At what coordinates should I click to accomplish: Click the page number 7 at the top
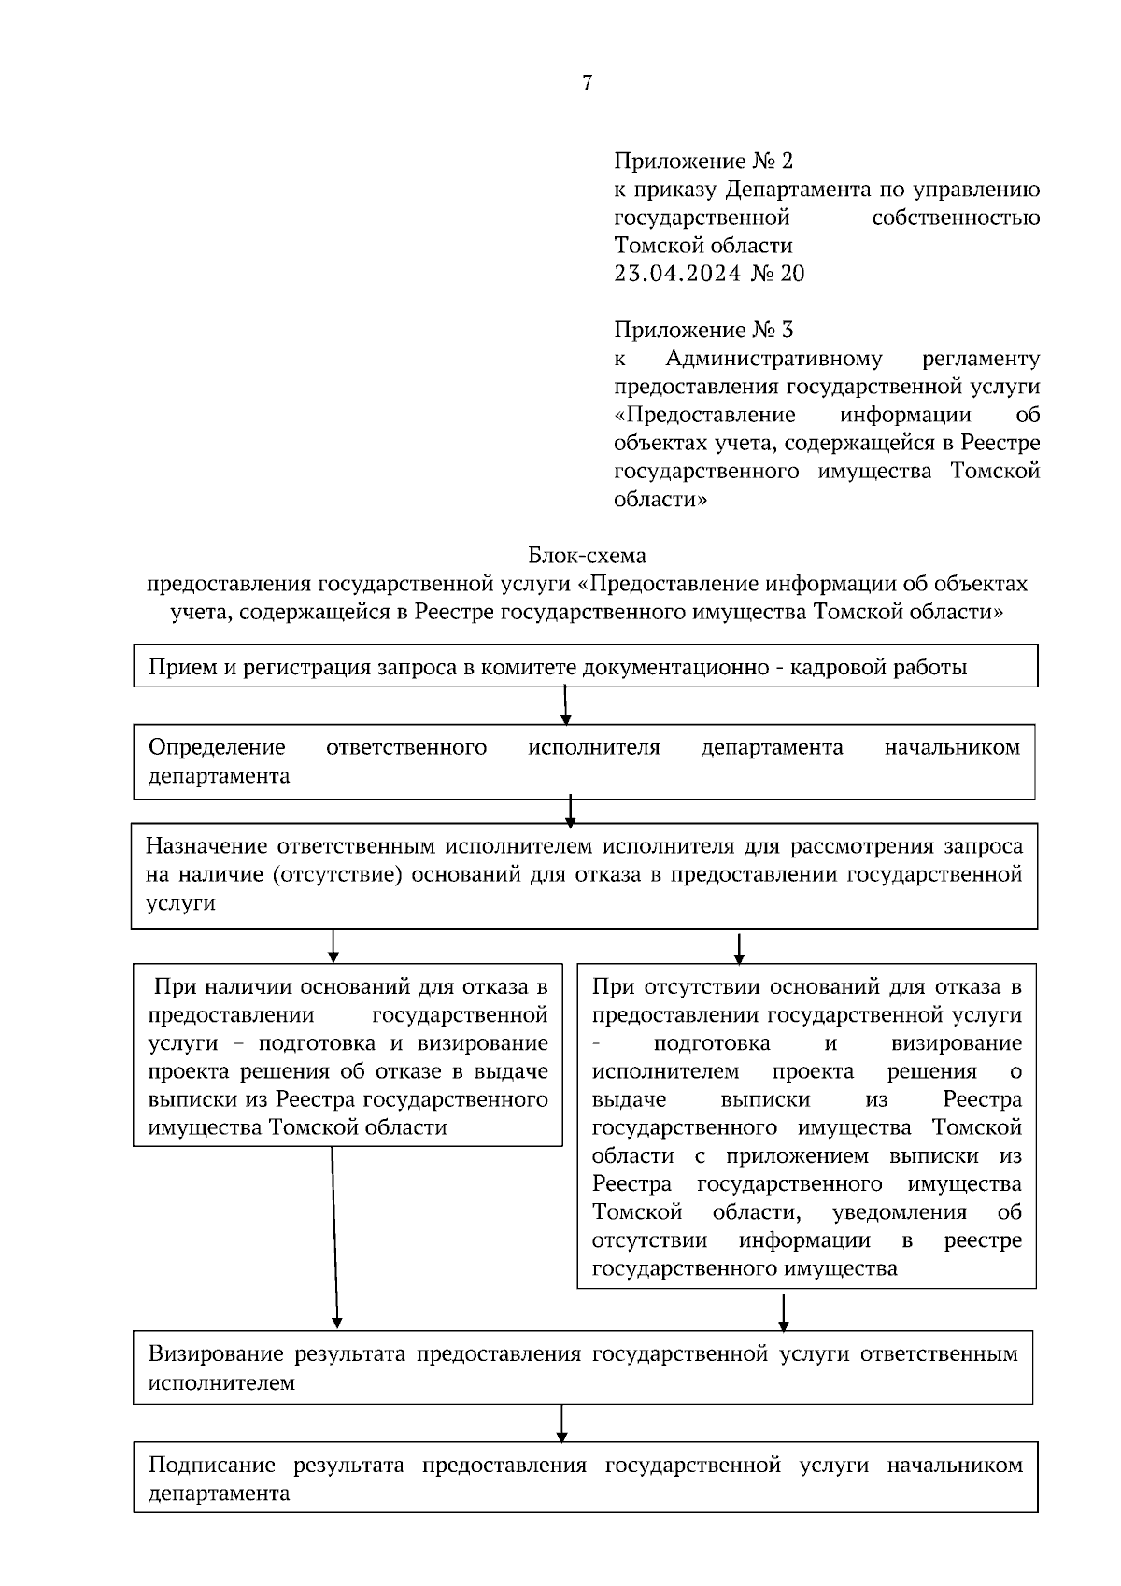pos(587,83)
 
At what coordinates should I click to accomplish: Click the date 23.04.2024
pos(676,274)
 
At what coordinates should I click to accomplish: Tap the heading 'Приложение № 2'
pos(702,162)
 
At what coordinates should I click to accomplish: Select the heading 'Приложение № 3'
pos(702,330)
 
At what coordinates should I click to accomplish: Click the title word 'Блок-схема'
pos(587,556)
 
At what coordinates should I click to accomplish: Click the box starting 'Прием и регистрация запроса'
pos(585,667)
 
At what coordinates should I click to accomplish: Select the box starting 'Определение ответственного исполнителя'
pos(585,761)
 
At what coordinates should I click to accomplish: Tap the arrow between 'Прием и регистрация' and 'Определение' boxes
pos(566,705)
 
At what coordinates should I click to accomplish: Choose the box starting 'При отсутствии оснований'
pos(806,1126)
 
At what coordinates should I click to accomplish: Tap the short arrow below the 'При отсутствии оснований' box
pos(783,1310)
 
